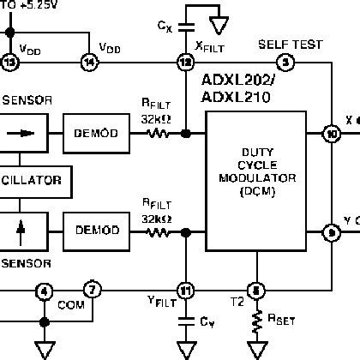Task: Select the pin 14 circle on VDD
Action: [89, 62]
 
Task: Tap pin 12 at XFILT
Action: [183, 62]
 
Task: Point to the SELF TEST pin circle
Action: [285, 62]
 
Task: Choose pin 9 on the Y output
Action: [330, 231]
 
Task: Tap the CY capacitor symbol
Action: [183, 321]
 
